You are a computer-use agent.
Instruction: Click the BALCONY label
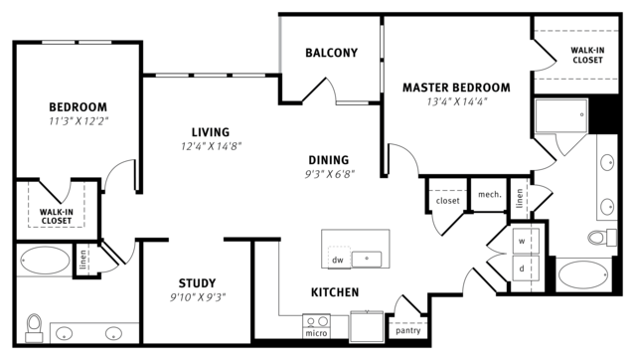tap(331, 53)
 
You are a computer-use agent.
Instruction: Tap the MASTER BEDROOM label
tap(456, 88)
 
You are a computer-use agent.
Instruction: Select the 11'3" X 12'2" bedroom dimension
tap(79, 121)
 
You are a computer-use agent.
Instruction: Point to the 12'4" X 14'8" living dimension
tap(211, 146)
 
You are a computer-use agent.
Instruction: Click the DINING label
tap(329, 160)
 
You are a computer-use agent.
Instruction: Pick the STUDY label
tap(197, 283)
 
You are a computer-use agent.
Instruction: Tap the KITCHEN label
tap(335, 292)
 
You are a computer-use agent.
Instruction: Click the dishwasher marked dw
tap(339, 257)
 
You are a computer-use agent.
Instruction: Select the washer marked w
tap(526, 242)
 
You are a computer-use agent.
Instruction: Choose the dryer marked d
tap(526, 268)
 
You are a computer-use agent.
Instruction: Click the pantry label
tap(408, 331)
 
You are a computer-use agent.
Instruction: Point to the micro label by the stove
tap(316, 333)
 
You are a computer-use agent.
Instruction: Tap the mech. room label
tap(490, 195)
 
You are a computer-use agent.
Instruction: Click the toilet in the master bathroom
tap(602, 237)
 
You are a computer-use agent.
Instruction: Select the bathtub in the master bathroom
tap(583, 274)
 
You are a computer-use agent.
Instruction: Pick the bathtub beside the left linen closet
tap(45, 260)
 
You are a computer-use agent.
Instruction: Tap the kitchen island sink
tap(367, 259)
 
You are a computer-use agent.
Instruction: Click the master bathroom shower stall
tap(561, 116)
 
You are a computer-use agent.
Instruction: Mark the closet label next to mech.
tap(447, 201)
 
